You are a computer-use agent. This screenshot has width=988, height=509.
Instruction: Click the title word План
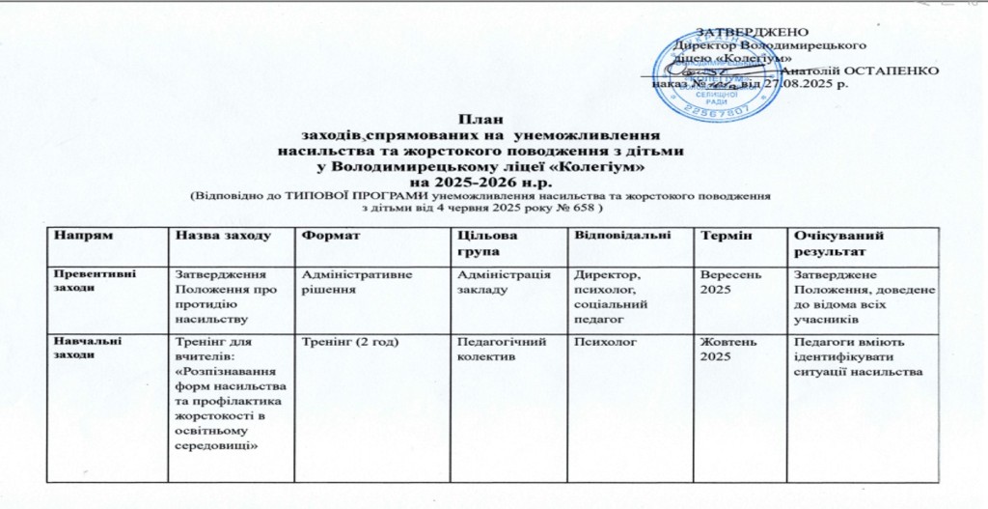(480, 119)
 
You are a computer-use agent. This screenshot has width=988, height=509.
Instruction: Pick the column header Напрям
(80, 237)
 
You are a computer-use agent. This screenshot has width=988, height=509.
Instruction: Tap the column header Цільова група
(484, 242)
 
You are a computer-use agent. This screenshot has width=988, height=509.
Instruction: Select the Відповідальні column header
(618, 237)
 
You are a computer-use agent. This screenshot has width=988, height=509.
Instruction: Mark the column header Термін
(724, 237)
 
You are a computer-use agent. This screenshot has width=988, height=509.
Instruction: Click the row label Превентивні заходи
(95, 279)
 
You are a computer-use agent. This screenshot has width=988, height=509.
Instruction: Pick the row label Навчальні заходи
(88, 348)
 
